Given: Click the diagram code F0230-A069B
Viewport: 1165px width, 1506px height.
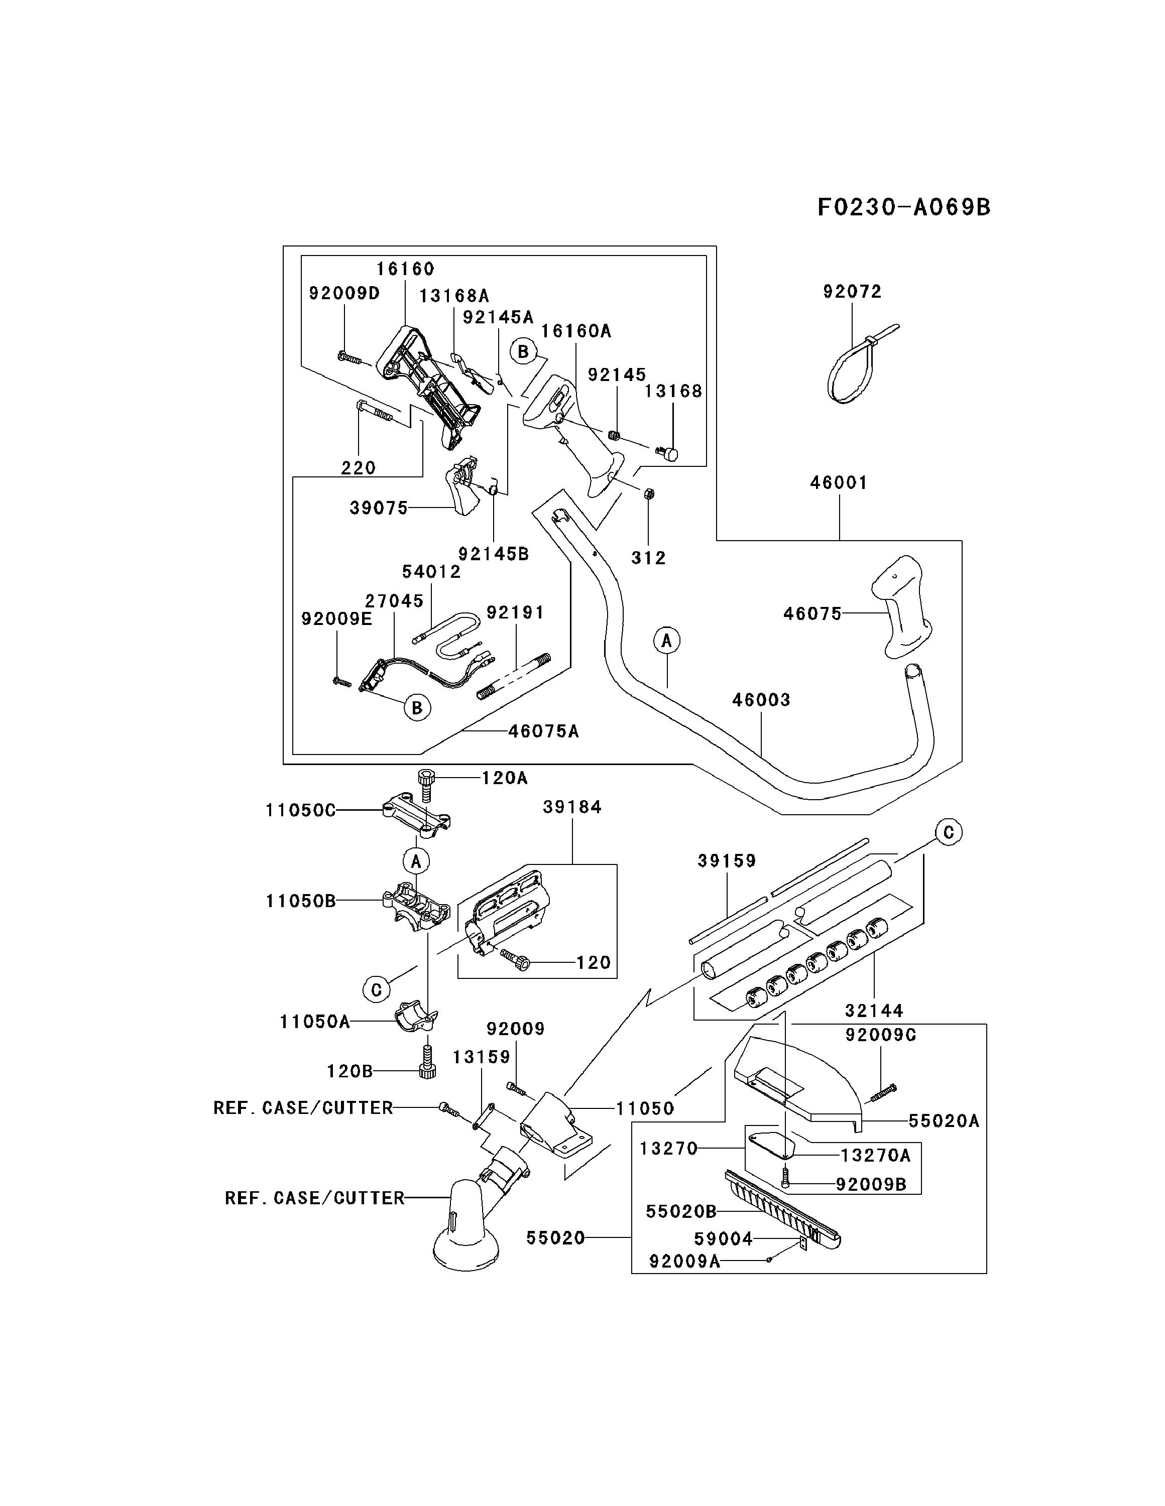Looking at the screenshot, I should click(x=903, y=207).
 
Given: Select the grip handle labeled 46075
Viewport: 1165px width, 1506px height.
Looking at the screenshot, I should click(x=900, y=605).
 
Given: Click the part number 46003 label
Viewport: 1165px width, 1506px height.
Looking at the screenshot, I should click(x=761, y=700).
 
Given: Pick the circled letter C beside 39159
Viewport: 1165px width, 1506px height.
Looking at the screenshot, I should click(x=949, y=832).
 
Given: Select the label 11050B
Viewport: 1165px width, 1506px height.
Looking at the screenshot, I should click(x=301, y=901).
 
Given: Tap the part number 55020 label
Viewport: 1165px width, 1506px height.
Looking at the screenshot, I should click(x=555, y=1238).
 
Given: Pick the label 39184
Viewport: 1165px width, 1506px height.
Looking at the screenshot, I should click(x=572, y=807).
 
